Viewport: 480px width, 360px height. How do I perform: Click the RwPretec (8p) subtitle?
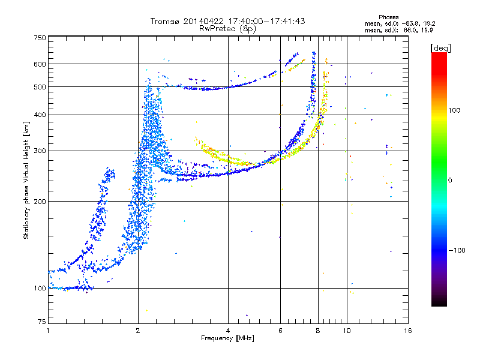click(x=227, y=29)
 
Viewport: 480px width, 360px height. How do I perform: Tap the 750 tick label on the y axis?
click(x=40, y=38)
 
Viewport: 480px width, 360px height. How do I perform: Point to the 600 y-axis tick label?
click(x=40, y=64)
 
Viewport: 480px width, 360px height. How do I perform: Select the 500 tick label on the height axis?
click(x=40, y=87)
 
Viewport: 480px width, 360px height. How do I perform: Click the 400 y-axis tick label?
click(x=40, y=115)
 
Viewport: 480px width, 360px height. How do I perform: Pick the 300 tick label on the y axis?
click(x=40, y=151)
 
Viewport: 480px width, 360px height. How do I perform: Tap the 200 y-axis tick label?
click(x=40, y=202)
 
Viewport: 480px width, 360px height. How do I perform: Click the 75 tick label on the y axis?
click(x=42, y=322)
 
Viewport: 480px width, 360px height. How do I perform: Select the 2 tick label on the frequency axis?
click(x=138, y=331)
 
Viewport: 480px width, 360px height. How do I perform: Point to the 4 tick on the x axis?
click(x=228, y=331)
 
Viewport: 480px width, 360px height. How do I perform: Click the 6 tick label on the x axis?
click(x=280, y=331)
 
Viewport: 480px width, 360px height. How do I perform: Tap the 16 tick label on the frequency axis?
click(x=408, y=331)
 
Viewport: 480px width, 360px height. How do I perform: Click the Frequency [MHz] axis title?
click(x=227, y=338)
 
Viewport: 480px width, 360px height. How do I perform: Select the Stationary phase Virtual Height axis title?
click(x=26, y=181)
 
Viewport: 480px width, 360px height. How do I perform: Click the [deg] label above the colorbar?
click(x=440, y=48)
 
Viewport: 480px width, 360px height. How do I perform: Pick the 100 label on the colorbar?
click(x=454, y=110)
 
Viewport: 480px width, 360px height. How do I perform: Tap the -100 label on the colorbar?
click(x=457, y=250)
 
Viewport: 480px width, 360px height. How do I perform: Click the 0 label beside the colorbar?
click(x=450, y=180)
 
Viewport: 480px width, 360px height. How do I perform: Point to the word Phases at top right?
click(x=388, y=17)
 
